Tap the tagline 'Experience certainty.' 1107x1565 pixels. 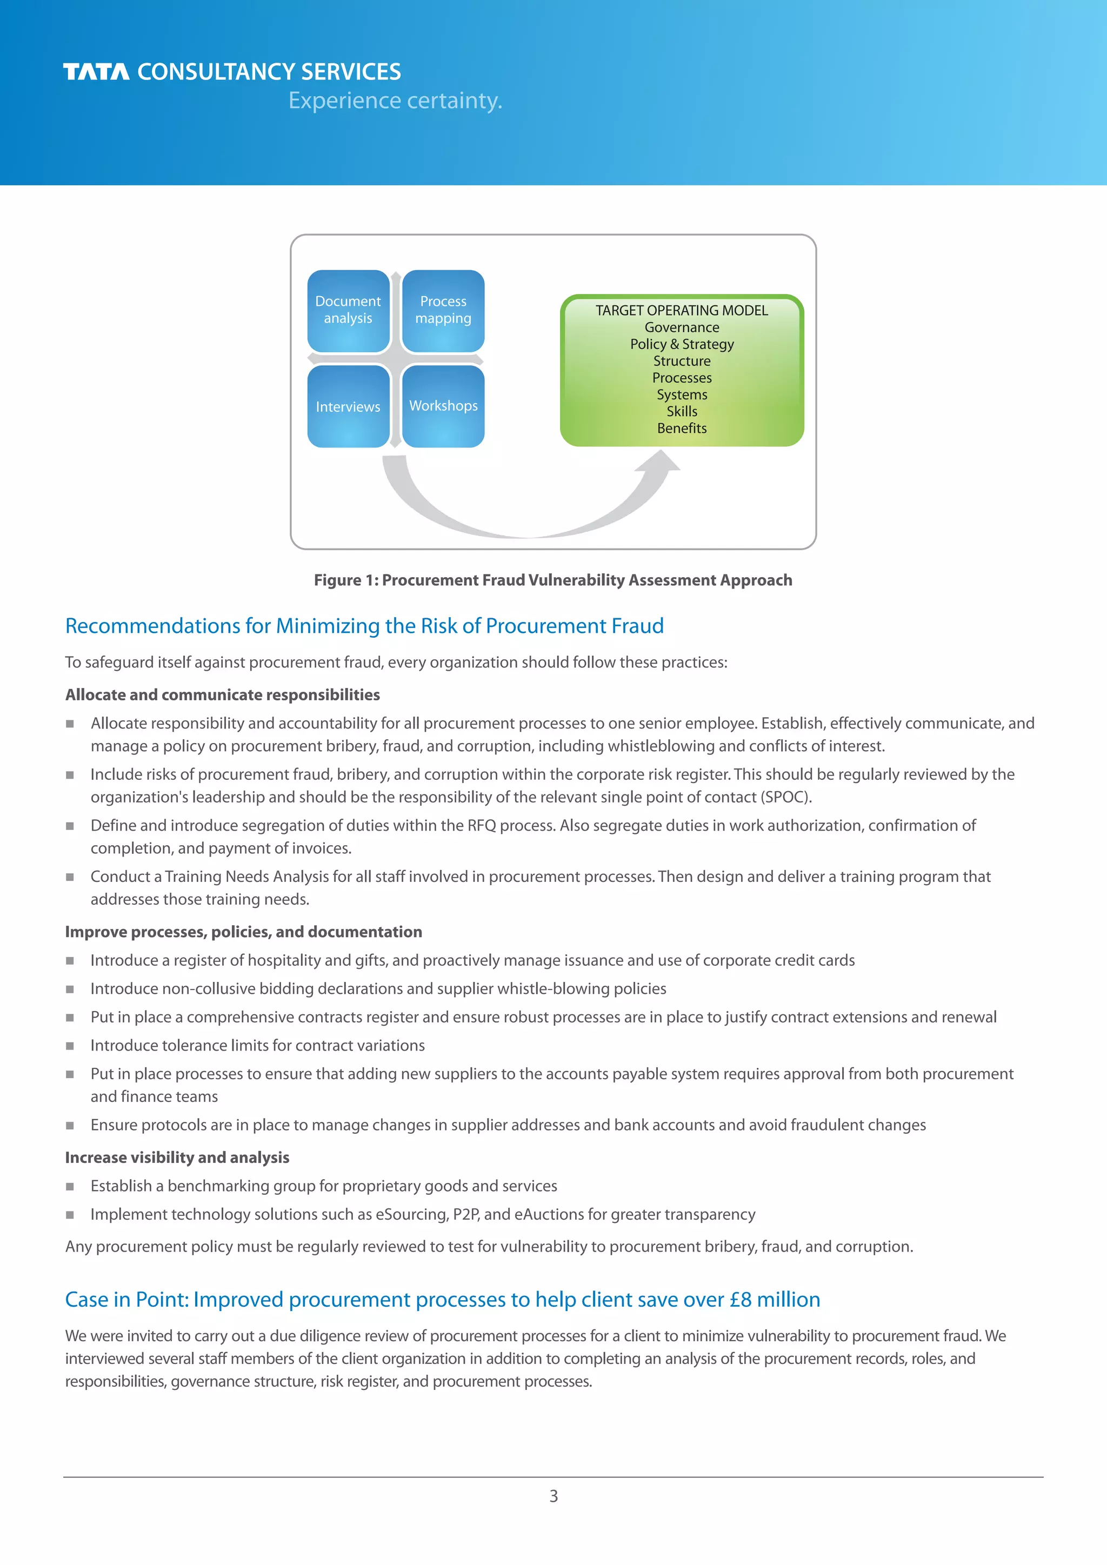tap(395, 101)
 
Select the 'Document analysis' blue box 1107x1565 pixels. tap(348, 311)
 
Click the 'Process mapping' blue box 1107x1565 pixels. tap(443, 311)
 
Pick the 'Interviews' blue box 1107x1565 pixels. tap(348, 407)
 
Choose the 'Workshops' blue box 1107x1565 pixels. tap(443, 406)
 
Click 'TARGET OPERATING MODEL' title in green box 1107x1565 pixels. tap(682, 311)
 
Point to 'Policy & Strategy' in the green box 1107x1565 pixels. tap(682, 344)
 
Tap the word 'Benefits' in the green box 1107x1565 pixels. tap(682, 429)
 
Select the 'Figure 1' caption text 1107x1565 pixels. tap(553, 580)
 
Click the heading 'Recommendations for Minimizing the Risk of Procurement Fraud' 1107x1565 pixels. tap(364, 626)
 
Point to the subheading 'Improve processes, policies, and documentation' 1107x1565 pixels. tap(243, 932)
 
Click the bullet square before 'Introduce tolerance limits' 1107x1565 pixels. tap(70, 1046)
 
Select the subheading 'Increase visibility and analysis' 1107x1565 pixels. tap(177, 1158)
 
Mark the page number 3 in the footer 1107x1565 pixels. tap(553, 1497)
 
